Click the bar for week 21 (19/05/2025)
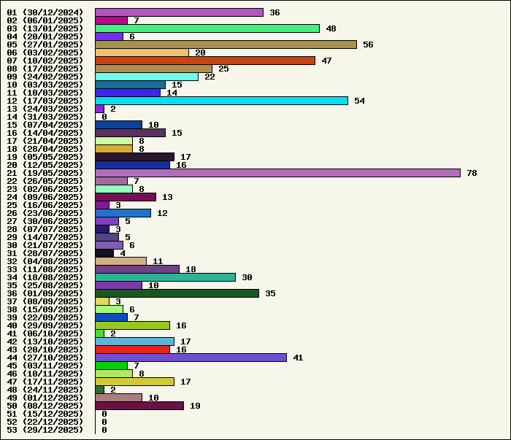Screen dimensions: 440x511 pyautogui.click(x=277, y=173)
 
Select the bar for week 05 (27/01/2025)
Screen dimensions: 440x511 pyautogui.click(x=226, y=45)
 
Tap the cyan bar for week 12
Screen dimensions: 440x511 pyautogui.click(x=221, y=101)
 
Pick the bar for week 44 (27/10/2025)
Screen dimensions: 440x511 pyautogui.click(x=191, y=358)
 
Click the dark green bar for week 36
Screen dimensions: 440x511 pyautogui.click(x=177, y=293)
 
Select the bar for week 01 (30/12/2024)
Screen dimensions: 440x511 pyautogui.click(x=179, y=12)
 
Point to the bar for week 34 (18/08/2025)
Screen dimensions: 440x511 pyautogui.click(x=165, y=277)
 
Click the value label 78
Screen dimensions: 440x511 pyautogui.click(x=472, y=173)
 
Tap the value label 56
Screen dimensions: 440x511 pyautogui.click(x=368, y=45)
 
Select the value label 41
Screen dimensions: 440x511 pyautogui.click(x=298, y=358)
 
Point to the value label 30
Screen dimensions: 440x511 pyautogui.click(x=247, y=277)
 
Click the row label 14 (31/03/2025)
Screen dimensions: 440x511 pyautogui.click(x=45, y=117)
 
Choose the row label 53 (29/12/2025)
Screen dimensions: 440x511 pyautogui.click(x=45, y=430)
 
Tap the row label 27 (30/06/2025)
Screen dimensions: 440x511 pyautogui.click(x=45, y=221)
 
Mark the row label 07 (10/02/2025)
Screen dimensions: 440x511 pyautogui.click(x=45, y=61)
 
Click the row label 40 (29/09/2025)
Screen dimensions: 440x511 pyautogui.click(x=45, y=325)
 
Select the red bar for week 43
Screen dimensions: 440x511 pyautogui.click(x=132, y=350)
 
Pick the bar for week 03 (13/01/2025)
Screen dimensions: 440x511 pyautogui.click(x=207, y=28)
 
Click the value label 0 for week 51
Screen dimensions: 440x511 pyautogui.click(x=104, y=414)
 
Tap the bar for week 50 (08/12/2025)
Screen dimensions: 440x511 pyautogui.click(x=139, y=406)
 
